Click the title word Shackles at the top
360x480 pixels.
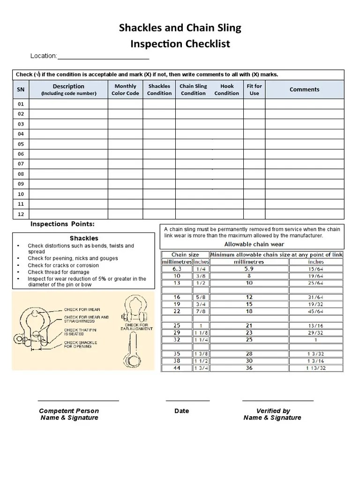139,28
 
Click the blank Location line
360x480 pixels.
103,57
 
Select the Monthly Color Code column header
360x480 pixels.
125,90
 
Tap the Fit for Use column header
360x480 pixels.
254,90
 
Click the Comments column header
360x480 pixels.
304,90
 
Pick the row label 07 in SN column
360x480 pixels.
21,164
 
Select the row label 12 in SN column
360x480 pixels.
21,214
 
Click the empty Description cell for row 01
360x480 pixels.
68,104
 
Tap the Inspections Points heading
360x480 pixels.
62,224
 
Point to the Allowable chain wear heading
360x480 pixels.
254,244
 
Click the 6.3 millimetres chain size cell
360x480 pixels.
177,269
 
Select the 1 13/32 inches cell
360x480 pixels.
316,368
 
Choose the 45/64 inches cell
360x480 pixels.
316,311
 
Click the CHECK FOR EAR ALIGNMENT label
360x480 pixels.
136,327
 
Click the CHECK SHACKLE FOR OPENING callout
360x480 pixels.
80,345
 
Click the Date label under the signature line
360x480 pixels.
181,411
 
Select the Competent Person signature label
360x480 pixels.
69,414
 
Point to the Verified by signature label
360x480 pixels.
272,414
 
